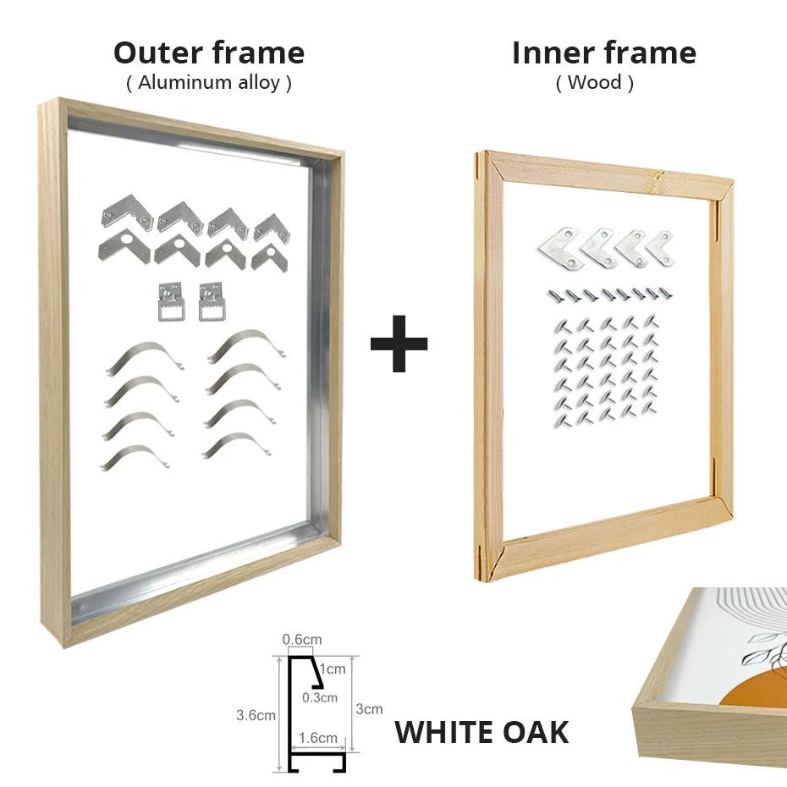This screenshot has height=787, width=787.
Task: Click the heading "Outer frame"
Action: [209, 52]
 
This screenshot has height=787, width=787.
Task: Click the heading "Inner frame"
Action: [603, 52]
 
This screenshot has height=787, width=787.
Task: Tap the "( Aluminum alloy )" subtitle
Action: [209, 83]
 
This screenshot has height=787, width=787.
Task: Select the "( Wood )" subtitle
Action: [594, 83]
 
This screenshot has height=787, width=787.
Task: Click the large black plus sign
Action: [399, 343]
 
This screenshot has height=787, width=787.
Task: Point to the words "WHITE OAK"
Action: [482, 732]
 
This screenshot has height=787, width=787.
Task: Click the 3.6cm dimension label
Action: [256, 715]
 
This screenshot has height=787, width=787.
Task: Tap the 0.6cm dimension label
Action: [302, 640]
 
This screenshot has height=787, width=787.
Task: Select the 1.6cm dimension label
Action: [318, 737]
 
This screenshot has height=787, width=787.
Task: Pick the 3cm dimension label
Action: [369, 709]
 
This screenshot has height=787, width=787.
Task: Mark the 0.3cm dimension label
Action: [320, 697]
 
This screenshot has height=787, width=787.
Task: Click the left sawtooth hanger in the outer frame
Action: [171, 301]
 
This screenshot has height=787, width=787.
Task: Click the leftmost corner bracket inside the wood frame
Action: [559, 247]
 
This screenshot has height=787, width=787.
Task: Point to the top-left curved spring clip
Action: [143, 356]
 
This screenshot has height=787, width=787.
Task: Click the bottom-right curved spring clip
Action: [236, 444]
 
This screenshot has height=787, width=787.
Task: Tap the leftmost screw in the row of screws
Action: [553, 295]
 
